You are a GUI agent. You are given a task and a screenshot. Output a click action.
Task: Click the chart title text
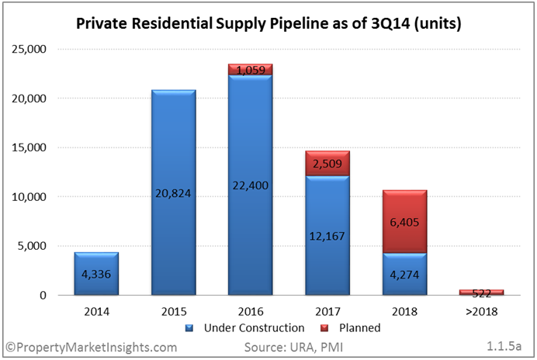coord(268,23)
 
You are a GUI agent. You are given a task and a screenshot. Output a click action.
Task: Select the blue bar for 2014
coord(96,274)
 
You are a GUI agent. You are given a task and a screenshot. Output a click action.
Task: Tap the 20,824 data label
coord(173,193)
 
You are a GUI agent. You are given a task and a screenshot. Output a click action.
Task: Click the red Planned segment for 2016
coord(251,69)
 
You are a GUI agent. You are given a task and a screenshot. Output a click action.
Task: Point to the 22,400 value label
coord(251,185)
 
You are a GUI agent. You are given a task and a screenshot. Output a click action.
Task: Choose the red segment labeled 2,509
coord(327,164)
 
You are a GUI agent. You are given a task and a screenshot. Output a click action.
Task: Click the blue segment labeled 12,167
coord(327,235)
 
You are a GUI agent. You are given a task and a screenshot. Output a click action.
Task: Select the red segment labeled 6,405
coord(405,222)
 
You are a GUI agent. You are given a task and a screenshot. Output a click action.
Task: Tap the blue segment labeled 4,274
coord(405,274)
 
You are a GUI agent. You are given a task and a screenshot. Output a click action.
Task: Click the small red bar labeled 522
coord(482,292)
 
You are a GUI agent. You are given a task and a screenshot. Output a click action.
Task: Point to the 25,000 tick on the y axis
coord(29,50)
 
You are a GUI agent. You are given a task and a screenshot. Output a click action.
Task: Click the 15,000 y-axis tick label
coord(29,147)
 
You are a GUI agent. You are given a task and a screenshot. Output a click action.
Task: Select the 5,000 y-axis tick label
coord(32,246)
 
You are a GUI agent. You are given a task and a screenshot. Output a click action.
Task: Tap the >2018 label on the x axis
coord(482,312)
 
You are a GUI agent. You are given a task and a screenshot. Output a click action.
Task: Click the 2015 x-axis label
coord(174,312)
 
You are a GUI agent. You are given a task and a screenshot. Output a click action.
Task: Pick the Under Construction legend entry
coord(244,328)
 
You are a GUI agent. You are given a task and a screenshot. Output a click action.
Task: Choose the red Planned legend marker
coord(324,328)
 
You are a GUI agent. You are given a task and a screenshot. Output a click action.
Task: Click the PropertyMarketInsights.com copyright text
coord(91,348)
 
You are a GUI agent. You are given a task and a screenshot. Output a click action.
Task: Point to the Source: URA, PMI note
coord(293,348)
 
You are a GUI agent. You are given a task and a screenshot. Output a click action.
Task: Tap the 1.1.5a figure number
coord(504,346)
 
